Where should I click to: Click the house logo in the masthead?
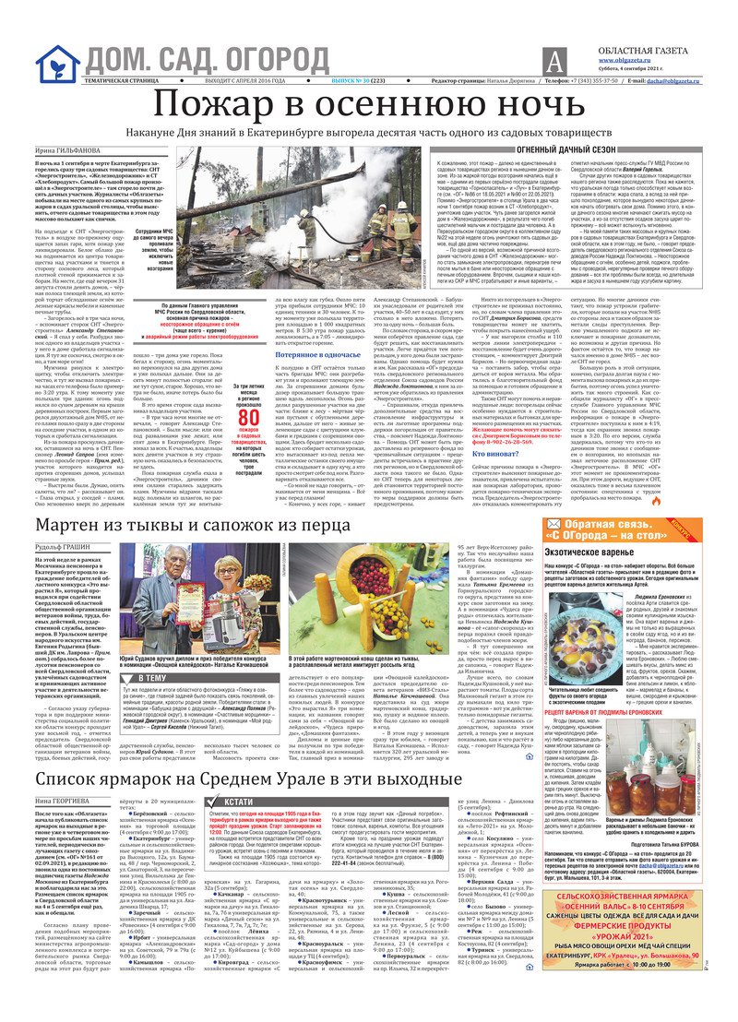(x=57, y=63)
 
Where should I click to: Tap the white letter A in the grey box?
(x=553, y=63)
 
